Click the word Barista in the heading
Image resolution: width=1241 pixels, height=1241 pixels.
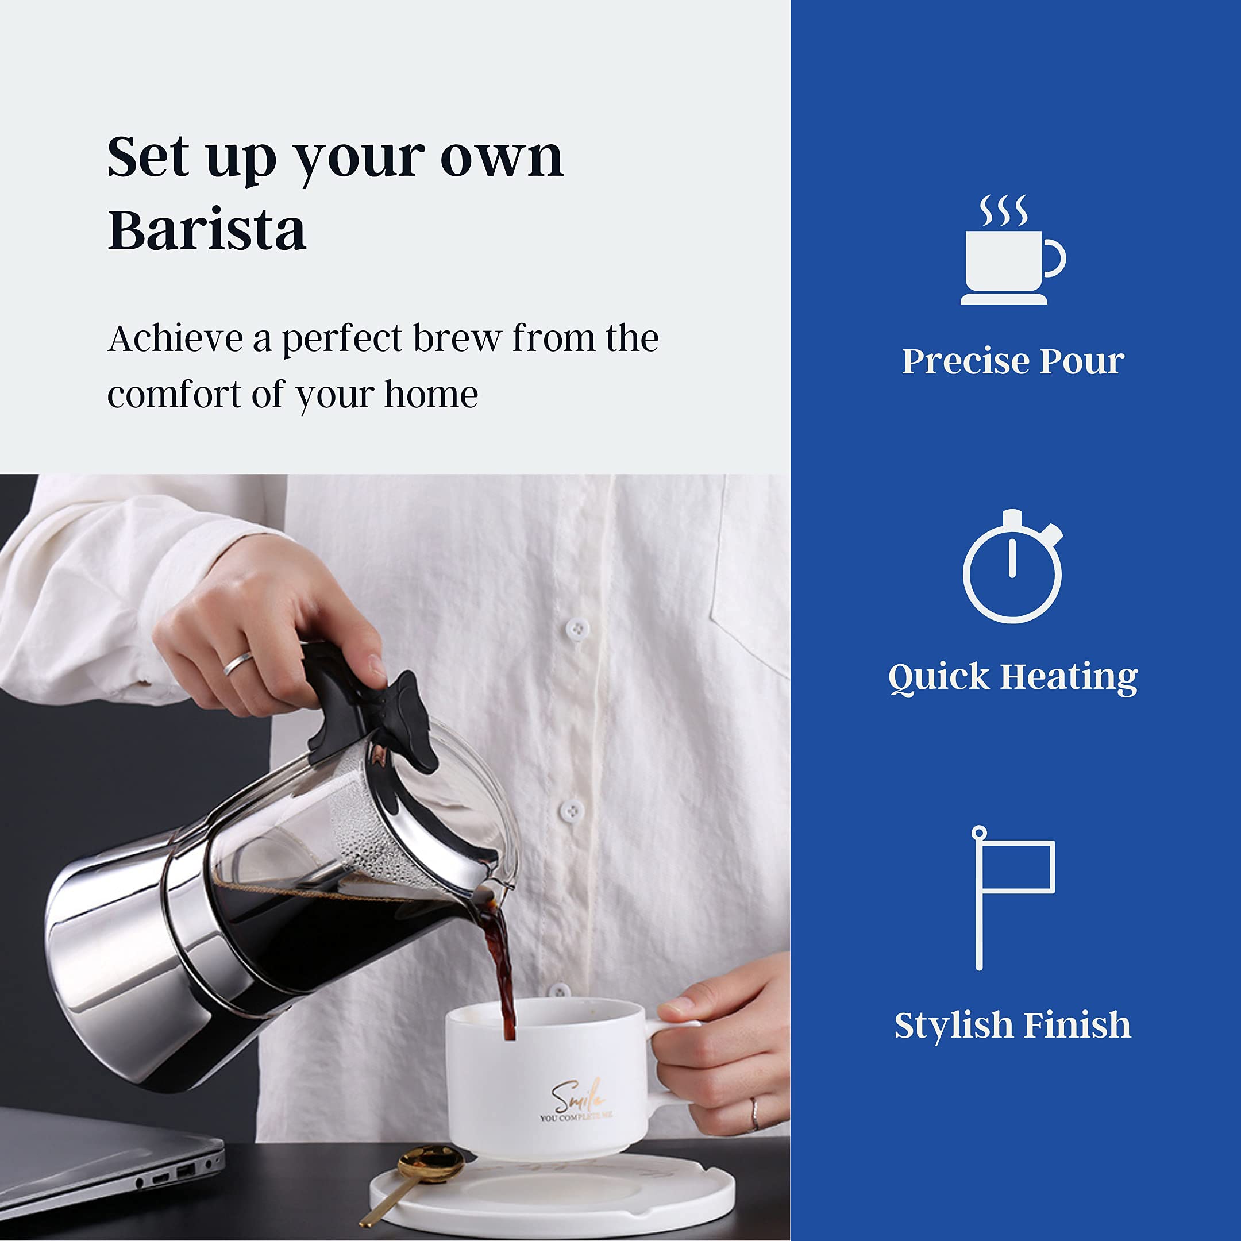[x=207, y=230]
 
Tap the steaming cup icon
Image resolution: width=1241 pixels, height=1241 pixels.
[x=1012, y=250]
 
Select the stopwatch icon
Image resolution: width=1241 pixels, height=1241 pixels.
[x=1012, y=568]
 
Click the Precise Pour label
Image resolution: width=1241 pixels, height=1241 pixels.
[x=1012, y=361]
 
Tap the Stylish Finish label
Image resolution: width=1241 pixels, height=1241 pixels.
[x=1012, y=1024]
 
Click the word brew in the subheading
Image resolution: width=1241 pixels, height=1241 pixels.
[x=457, y=338]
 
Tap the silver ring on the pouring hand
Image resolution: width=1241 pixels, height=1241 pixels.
[x=238, y=663]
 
